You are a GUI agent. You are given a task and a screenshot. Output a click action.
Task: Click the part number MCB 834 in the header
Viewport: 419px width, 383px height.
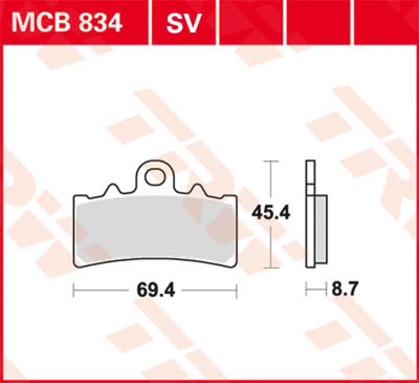tap(68, 23)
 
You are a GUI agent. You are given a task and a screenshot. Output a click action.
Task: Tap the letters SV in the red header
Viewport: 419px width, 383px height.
tap(183, 23)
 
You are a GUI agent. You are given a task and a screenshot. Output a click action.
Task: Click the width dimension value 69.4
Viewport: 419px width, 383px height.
tap(155, 289)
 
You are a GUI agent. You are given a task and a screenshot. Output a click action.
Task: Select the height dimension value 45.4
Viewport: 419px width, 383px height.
tap(271, 212)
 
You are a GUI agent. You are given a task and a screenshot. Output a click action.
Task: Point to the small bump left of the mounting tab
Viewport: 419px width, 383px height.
tap(113, 188)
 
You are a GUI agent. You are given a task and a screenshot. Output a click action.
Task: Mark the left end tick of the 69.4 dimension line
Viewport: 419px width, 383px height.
tap(73, 289)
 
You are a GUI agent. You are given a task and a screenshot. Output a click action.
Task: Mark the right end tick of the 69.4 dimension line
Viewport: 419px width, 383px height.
tap(237, 289)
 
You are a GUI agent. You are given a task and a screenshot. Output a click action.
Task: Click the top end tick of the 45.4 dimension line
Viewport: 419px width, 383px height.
tap(271, 161)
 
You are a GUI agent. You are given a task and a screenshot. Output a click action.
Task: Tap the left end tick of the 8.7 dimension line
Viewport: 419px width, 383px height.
tap(307, 289)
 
